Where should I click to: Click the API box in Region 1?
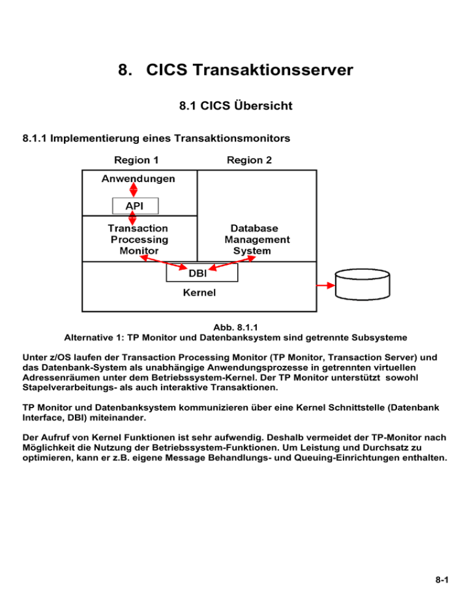pyautogui.click(x=135, y=206)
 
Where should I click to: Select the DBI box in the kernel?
pyautogui.click(x=202, y=272)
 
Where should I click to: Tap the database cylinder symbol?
pyautogui.click(x=363, y=285)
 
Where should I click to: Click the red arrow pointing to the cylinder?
pyautogui.click(x=326, y=286)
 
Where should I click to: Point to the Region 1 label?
pyautogui.click(x=136, y=160)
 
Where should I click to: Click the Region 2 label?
pyautogui.click(x=250, y=160)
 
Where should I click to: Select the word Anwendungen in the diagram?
pyautogui.click(x=138, y=179)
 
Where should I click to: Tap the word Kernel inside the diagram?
pyautogui.click(x=199, y=293)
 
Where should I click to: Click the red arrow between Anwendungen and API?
pyautogui.click(x=133, y=190)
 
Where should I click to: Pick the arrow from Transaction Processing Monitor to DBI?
pyautogui.click(x=163, y=262)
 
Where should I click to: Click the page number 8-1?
pyautogui.click(x=442, y=580)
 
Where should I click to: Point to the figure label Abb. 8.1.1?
pyautogui.click(x=235, y=327)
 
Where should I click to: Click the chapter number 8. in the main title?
pyautogui.click(x=125, y=69)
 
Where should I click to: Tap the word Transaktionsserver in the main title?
pyautogui.click(x=273, y=69)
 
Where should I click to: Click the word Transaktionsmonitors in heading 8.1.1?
pyautogui.click(x=232, y=138)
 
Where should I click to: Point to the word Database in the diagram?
pyautogui.click(x=254, y=228)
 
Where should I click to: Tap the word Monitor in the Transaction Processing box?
pyautogui.click(x=139, y=251)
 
